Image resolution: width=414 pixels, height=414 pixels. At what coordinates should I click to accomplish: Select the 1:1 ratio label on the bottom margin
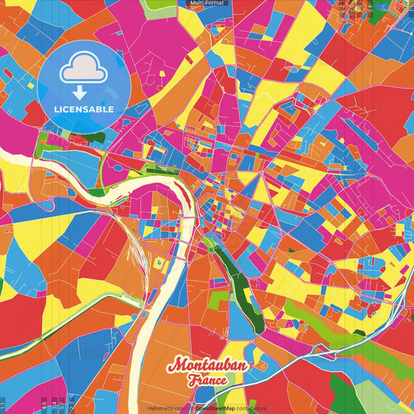pyautogui.click(x=3, y=405)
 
